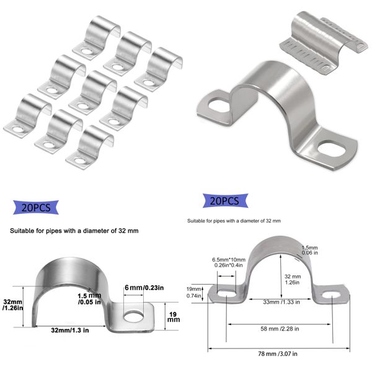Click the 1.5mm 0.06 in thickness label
coord(310,249)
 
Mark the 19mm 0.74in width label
coord(194,293)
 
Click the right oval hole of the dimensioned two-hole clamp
coord(332,298)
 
